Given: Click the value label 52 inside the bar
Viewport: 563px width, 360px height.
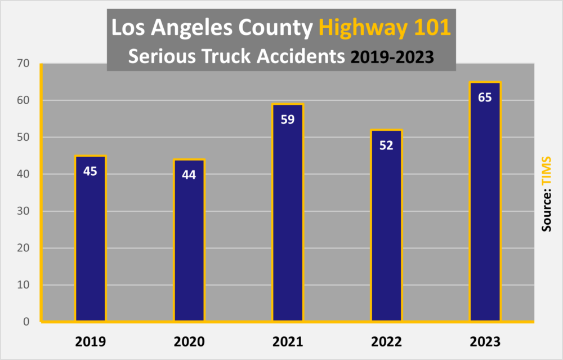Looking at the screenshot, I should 386,145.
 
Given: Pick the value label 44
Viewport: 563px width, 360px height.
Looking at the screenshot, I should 189,175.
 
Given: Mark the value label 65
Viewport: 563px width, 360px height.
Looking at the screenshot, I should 485,97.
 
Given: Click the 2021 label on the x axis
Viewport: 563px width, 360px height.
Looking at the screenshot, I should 288,341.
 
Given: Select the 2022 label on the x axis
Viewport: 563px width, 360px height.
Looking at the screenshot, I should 386,341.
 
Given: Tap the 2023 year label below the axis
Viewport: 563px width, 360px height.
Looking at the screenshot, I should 485,341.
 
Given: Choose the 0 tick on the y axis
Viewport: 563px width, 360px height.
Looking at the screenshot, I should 26,322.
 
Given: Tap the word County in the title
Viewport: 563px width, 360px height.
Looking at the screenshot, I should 275,29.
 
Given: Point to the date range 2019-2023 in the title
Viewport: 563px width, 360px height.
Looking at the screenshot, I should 392,57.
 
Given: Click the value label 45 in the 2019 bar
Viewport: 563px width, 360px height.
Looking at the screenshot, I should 90,171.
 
